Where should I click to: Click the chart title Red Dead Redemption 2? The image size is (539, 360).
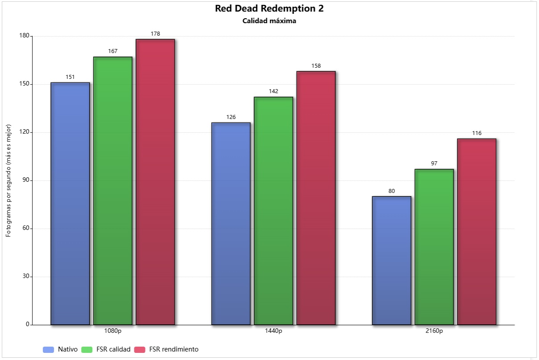point(269,8)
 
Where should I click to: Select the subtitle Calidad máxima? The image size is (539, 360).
point(269,21)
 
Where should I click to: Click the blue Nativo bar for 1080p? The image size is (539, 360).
point(70,204)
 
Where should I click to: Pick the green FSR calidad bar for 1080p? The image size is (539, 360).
point(113,191)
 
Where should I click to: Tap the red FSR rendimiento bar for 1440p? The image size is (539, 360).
point(316,198)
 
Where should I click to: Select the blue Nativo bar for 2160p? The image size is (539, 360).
point(391,261)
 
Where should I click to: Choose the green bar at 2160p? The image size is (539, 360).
point(434,247)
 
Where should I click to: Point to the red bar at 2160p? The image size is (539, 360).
point(477,232)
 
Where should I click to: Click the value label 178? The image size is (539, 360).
point(155,34)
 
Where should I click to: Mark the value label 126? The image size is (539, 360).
point(231,117)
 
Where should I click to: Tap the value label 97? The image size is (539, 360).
point(434,164)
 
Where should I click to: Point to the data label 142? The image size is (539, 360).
point(273,91)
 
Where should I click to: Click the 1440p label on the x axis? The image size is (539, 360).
point(273,331)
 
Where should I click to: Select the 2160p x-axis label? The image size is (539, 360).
point(434,331)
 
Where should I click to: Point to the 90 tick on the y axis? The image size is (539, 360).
point(26,180)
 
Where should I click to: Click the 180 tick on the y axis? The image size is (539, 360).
point(24,36)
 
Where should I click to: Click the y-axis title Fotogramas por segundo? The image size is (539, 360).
point(8,180)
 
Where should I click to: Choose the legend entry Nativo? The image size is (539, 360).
point(60,349)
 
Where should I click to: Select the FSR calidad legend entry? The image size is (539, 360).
point(106,349)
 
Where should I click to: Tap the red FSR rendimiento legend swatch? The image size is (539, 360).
point(140,350)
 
